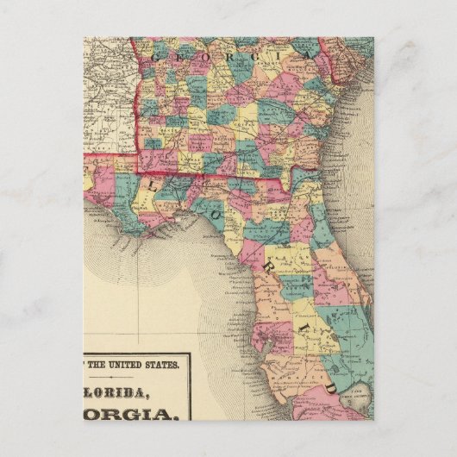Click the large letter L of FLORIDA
tap(154, 183)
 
